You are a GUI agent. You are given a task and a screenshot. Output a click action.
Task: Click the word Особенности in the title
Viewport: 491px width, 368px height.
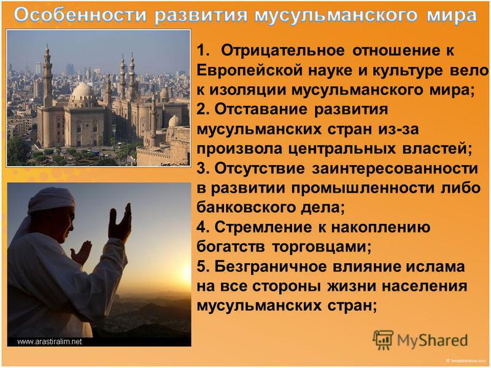(80, 14)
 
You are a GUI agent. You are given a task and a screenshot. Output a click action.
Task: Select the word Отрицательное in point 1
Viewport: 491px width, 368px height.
(282, 50)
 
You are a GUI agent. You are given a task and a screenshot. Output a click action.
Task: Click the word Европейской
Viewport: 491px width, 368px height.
(250, 70)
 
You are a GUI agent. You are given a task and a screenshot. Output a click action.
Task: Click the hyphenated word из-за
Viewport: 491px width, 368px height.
(398, 129)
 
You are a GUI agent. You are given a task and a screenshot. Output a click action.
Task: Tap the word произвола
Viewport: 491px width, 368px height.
(239, 149)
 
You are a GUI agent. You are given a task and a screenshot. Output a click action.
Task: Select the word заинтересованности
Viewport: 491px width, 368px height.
(395, 168)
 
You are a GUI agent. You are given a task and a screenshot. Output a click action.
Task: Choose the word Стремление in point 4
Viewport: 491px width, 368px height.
(263, 228)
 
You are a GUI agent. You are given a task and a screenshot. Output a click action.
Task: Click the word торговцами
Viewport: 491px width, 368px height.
(322, 247)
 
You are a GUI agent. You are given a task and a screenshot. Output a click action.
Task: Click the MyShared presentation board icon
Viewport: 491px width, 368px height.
(382, 340)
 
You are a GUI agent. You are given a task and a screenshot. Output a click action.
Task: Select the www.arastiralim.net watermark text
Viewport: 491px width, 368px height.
(50, 342)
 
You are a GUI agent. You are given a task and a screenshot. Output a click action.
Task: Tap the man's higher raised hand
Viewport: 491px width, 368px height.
(120, 223)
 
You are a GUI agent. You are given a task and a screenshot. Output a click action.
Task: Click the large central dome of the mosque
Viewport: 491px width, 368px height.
(82, 91)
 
